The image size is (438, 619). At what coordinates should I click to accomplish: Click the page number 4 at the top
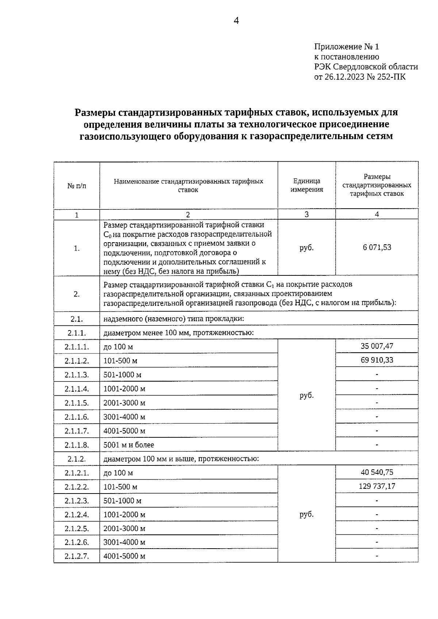[236, 21]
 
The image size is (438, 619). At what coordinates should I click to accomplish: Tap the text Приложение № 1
[347, 47]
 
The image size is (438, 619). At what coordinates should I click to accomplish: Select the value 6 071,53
[377, 247]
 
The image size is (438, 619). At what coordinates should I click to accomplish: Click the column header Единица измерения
[307, 185]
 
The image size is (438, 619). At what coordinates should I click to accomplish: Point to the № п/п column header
[77, 186]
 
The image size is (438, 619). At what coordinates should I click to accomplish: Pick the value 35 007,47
[377, 346]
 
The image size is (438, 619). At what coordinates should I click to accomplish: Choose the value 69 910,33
[377, 360]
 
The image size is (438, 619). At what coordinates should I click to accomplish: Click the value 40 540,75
[377, 472]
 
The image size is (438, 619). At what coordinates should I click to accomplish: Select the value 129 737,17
[377, 486]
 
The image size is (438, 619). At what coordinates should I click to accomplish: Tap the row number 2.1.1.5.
[77, 403]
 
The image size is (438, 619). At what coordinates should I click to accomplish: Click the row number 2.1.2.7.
[77, 556]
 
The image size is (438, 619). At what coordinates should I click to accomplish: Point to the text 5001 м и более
[128, 445]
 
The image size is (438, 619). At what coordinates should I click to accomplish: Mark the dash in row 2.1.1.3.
[377, 374]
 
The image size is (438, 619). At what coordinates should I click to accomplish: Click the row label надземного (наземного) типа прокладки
[173, 319]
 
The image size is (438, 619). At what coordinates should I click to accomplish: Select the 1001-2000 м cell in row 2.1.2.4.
[124, 515]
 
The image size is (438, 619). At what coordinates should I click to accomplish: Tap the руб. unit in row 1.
[307, 248]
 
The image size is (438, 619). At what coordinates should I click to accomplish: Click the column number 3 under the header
[307, 214]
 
